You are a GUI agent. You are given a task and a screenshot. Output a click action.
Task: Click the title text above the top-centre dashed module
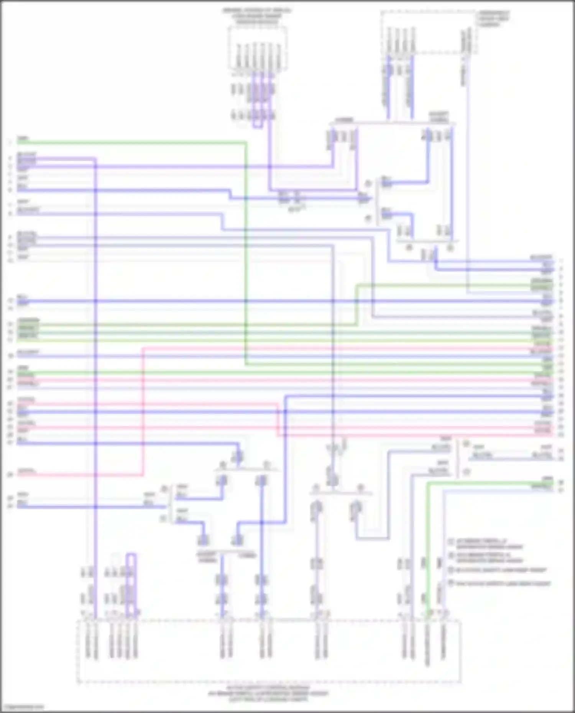tap(257, 16)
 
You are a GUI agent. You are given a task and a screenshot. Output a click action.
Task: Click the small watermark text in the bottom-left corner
tap(22, 706)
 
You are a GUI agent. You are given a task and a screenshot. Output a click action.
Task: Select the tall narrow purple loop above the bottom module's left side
tap(131, 582)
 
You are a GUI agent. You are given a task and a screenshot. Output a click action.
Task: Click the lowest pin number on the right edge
tap(561, 490)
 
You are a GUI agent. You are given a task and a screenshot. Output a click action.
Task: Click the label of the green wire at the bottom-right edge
tap(541, 487)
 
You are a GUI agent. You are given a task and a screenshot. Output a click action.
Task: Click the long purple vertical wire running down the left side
tap(95, 383)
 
